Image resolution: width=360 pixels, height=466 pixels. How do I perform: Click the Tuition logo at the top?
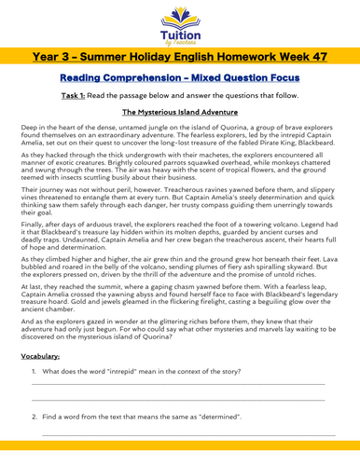179,25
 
